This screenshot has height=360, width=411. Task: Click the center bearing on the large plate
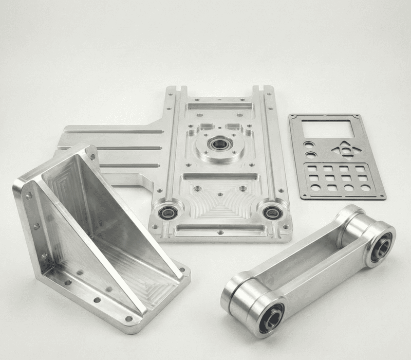point(219,144)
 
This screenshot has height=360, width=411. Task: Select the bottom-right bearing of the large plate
point(271,211)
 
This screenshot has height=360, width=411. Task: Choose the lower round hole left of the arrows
point(311,154)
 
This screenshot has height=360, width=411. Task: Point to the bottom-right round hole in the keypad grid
point(365,188)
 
